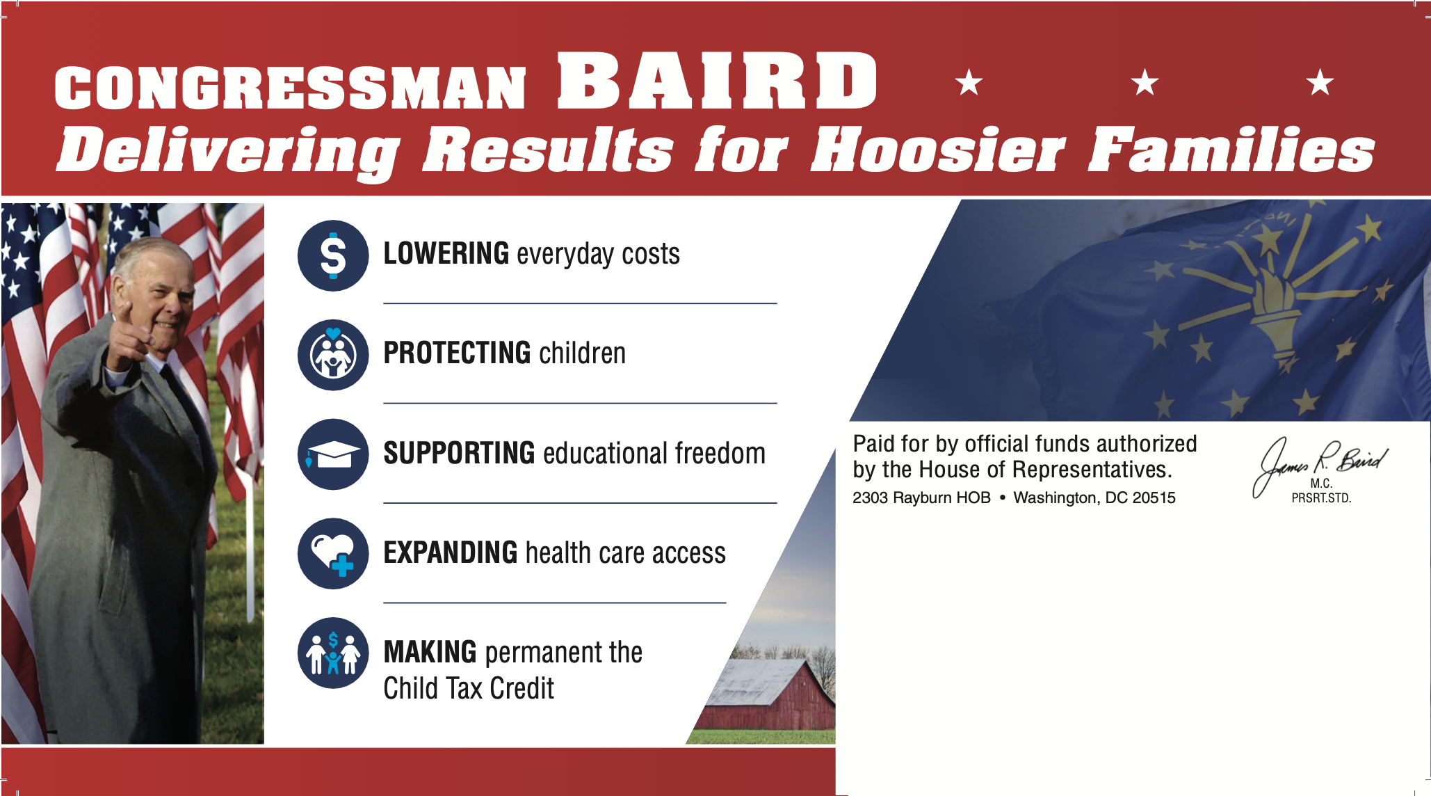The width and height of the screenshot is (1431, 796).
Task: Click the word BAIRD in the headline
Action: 718,81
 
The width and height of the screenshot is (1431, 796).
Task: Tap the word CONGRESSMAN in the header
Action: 290,88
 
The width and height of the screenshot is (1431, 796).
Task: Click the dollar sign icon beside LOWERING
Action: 333,255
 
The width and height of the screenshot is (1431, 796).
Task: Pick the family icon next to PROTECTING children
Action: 333,355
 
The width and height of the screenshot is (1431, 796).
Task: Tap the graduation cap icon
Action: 333,454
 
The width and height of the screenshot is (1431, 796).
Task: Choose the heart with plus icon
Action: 333,554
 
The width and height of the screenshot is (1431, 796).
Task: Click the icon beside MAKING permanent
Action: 333,653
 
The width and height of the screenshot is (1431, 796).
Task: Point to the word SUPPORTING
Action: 459,453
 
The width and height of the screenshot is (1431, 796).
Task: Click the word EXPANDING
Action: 451,552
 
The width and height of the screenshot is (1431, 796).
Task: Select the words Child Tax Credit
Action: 469,688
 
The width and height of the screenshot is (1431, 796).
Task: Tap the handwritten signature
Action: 1320,463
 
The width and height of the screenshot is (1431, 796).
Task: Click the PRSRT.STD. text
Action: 1321,498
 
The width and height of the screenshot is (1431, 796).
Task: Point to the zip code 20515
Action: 1154,497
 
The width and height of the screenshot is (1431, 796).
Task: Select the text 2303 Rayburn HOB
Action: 921,497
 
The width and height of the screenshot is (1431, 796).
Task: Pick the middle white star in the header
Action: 1145,83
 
